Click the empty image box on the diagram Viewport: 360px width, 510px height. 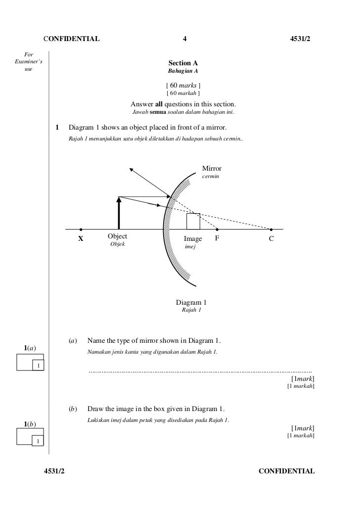click(193, 221)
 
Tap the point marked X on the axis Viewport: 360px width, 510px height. click(81, 230)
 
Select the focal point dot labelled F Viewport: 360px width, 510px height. click(217, 230)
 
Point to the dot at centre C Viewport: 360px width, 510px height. click(271, 230)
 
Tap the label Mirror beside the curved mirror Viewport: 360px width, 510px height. click(212, 169)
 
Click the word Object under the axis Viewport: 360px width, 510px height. click(117, 237)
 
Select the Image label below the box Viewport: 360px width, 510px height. click(193, 239)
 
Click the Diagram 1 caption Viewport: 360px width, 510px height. click(191, 303)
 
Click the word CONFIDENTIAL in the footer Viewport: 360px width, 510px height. click(287, 471)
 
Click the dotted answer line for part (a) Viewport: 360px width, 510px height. click(200, 371)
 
